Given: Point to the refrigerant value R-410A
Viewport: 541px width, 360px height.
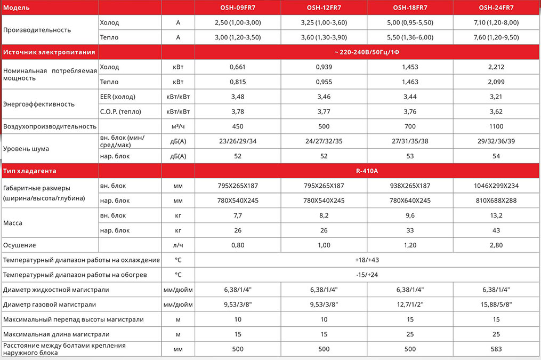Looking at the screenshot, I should (x=366, y=171).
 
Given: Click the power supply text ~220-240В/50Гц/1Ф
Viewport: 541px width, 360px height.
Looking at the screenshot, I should (x=366, y=52).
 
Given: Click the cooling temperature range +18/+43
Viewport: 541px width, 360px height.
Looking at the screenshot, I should (x=366, y=260).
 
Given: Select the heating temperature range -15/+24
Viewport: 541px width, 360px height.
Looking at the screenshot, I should (x=366, y=275).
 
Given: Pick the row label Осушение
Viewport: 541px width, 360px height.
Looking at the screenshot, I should (x=20, y=245).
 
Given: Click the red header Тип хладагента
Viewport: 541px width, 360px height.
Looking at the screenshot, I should (x=30, y=171).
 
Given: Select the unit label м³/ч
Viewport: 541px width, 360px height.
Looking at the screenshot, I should (x=177, y=126).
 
